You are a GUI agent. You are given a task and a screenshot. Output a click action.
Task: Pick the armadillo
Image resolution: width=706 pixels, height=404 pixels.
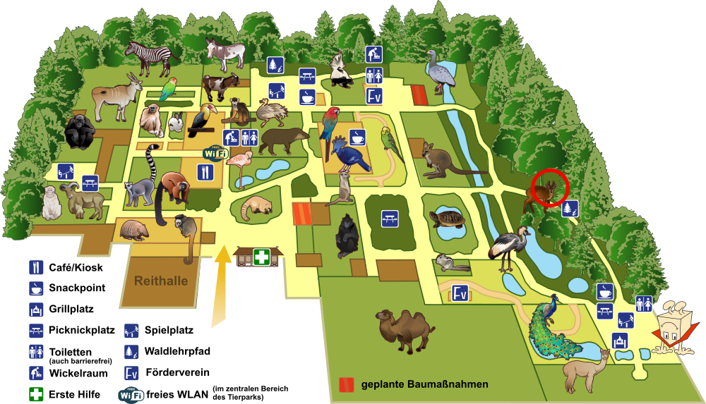tap(135, 230)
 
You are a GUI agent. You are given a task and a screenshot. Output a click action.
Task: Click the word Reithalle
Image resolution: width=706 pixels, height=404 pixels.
tap(161, 281)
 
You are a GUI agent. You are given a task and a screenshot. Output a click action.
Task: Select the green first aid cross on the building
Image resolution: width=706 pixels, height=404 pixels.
tap(262, 257)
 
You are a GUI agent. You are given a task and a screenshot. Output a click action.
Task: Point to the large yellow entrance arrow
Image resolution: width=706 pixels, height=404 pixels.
tap(220, 286)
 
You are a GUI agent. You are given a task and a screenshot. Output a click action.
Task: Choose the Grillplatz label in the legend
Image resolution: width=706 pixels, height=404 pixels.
tap(71, 309)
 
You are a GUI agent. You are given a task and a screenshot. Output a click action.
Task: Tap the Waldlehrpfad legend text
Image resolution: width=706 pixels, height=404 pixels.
tap(177, 351)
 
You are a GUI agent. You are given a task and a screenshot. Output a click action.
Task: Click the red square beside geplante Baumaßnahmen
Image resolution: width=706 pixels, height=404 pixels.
tap(346, 385)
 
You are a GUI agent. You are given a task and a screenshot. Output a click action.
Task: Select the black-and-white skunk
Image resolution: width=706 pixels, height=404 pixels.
tap(340, 70)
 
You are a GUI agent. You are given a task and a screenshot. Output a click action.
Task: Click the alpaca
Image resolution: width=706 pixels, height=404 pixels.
tap(585, 370)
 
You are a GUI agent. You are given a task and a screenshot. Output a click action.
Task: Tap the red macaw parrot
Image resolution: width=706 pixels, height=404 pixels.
tap(330, 128)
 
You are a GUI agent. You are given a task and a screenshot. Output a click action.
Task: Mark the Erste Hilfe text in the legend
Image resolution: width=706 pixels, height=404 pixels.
tap(74, 395)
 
